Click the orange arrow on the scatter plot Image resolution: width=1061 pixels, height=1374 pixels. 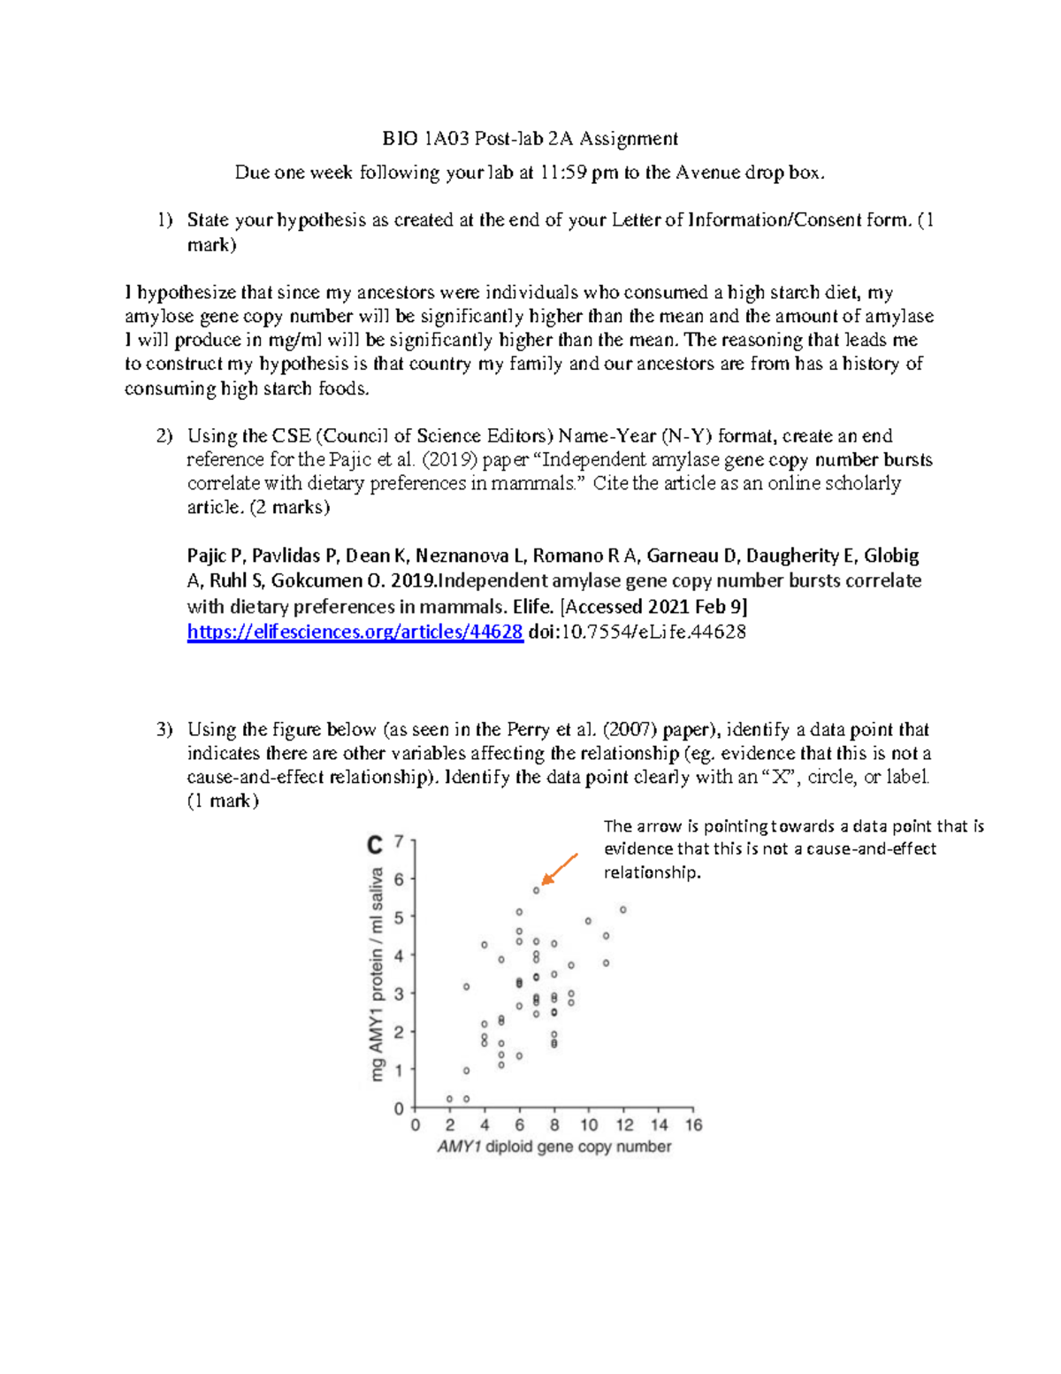[x=560, y=869]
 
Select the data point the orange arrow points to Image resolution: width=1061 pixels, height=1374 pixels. [x=537, y=890]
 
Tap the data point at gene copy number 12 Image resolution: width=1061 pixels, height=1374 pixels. [x=623, y=910]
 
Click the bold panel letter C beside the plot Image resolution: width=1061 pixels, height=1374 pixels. [x=375, y=846]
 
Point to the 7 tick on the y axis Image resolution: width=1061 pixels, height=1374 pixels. [x=399, y=841]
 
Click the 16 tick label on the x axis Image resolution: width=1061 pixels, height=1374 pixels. [x=693, y=1125]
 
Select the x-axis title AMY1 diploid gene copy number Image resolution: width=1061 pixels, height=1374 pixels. [x=554, y=1147]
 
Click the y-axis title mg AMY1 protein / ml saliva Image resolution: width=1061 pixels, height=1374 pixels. [x=378, y=973]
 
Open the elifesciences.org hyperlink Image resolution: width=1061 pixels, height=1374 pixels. [x=355, y=632]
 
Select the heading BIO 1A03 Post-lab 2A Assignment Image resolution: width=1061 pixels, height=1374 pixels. [x=530, y=139]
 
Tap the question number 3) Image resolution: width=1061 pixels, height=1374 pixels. [x=165, y=730]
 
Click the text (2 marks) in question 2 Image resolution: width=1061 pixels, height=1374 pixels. [x=289, y=508]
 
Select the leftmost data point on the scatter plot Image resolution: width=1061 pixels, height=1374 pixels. [x=450, y=1099]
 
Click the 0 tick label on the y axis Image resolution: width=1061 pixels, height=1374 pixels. [x=399, y=1109]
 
